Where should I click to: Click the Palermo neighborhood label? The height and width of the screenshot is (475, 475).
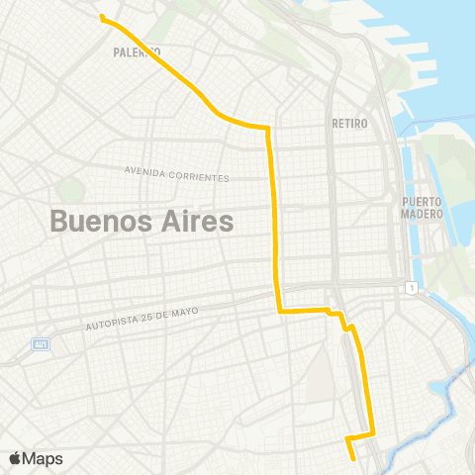[x=138, y=50]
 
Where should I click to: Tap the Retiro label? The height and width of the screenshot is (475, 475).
[x=350, y=124]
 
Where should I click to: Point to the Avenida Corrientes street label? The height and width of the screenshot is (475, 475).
[x=177, y=174]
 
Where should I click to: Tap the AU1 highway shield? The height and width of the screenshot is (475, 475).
[x=41, y=343]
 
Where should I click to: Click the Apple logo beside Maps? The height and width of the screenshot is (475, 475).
[x=16, y=458]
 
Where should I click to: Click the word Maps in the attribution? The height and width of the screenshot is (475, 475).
[x=45, y=458]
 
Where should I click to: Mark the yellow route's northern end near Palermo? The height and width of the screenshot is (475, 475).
[x=102, y=17]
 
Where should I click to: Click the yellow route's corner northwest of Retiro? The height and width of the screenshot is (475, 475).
[x=267, y=128]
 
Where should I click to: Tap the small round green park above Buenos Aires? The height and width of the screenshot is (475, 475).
[x=71, y=189]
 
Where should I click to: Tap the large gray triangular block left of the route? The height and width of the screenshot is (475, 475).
[x=322, y=376]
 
